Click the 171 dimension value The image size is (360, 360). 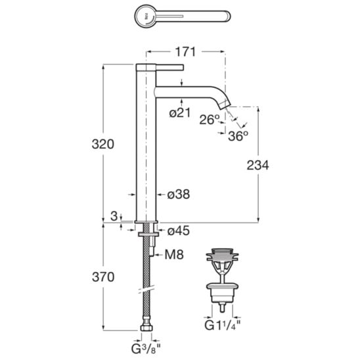click(x=185, y=52)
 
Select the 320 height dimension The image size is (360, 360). click(x=103, y=144)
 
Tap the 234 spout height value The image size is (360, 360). click(x=258, y=165)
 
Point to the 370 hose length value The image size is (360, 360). click(x=103, y=277)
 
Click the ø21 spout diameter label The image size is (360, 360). click(x=180, y=113)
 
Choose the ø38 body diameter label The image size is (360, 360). click(x=179, y=194)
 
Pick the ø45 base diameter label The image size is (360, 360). click(x=179, y=231)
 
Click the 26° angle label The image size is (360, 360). click(x=210, y=120)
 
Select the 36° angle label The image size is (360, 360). click(x=238, y=136)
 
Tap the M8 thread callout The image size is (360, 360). click(x=174, y=254)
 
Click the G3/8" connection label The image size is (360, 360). click(x=146, y=349)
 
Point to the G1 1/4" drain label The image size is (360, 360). click(x=223, y=325)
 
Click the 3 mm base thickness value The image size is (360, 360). click(x=114, y=216)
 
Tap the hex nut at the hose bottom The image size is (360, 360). click(x=146, y=327)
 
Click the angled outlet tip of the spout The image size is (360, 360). click(x=223, y=105)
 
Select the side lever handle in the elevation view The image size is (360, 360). click(x=169, y=67)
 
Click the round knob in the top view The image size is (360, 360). click(x=146, y=16)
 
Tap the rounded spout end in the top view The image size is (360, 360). click(x=227, y=16)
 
